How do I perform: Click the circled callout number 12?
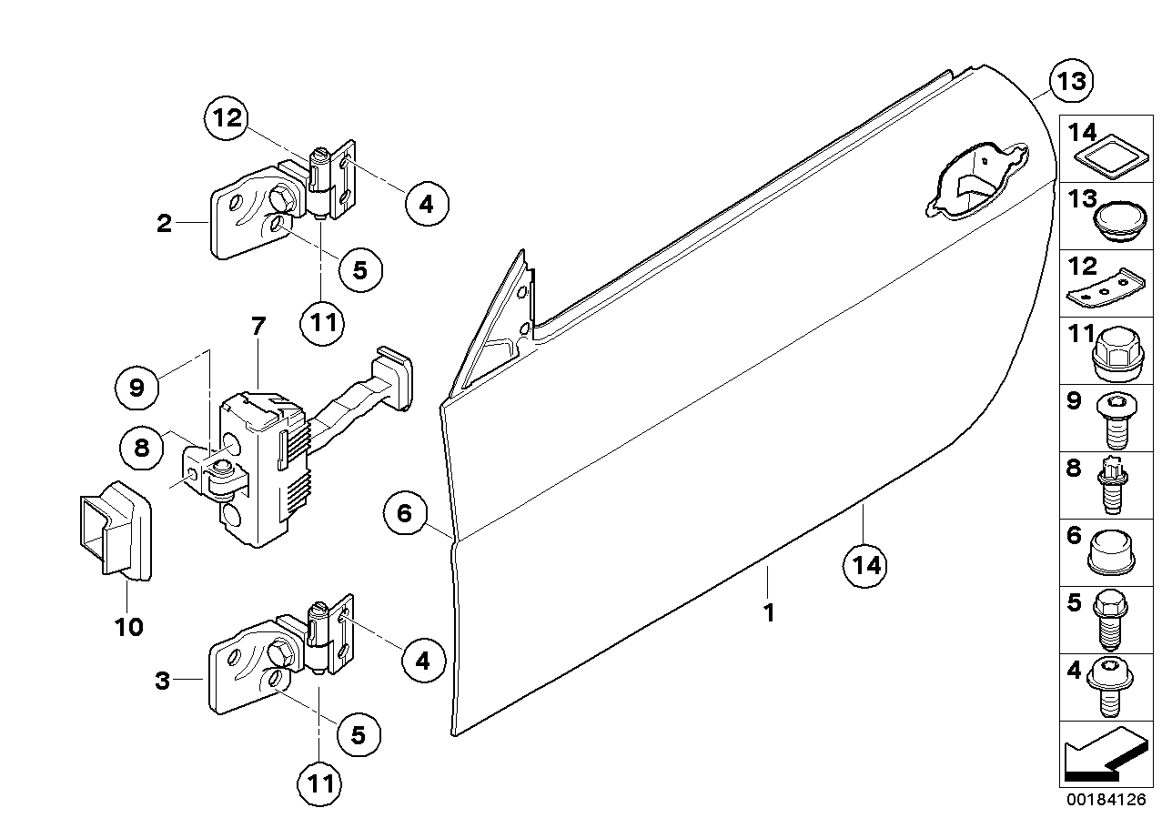coord(226,117)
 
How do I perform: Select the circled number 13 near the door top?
coord(1071,82)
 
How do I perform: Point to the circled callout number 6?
coord(405,514)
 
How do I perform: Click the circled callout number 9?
coord(137,389)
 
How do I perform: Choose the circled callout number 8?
coord(142,448)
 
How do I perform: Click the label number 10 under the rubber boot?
coord(129,627)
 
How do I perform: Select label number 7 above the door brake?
coord(258,325)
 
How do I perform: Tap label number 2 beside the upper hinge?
coord(164,223)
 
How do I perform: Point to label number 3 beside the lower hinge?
coord(162,681)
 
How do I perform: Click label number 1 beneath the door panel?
coord(769,612)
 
